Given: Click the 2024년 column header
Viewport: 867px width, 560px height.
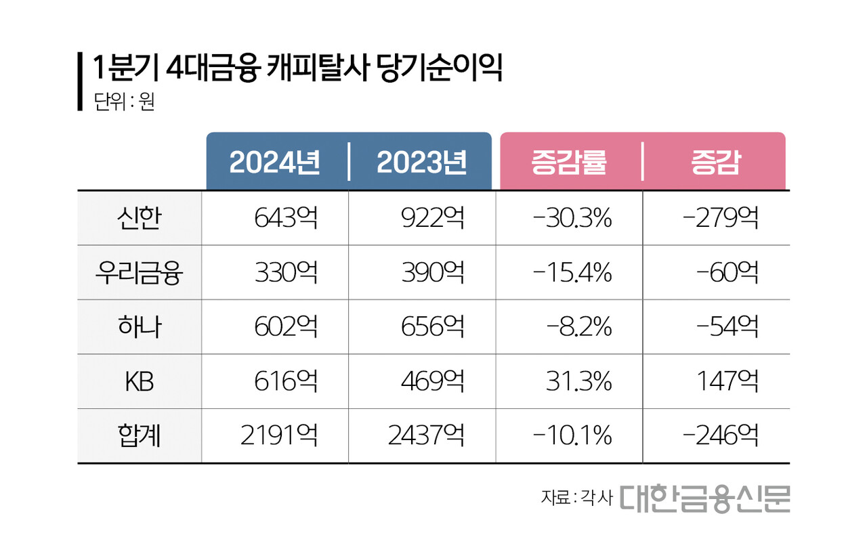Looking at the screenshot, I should tap(274, 163).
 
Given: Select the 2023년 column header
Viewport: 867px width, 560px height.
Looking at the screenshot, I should tap(421, 163).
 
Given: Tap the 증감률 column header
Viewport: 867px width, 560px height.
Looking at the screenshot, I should tap(568, 163).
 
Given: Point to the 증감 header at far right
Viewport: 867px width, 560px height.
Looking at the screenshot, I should tap(715, 163).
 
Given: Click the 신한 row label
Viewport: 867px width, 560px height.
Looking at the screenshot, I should tap(139, 219).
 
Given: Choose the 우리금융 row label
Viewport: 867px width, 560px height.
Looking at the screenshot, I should tap(139, 273).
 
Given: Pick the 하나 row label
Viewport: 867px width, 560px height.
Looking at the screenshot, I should tap(139, 327).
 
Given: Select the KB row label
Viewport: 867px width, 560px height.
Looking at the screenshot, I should tap(139, 382).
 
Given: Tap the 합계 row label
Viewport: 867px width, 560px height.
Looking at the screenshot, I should tap(139, 436).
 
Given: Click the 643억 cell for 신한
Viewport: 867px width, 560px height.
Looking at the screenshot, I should tap(286, 219).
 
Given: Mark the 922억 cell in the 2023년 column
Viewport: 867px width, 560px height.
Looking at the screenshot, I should tap(433, 219).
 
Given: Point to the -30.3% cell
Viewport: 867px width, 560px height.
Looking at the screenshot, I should tap(572, 219).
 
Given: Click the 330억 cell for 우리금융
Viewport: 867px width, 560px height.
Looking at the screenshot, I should tap(286, 273).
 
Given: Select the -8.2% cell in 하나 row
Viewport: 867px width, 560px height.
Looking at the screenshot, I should tap(579, 327).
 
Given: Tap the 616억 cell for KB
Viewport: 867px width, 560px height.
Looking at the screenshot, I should tap(286, 382).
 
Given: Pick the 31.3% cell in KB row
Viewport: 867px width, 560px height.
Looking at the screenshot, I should tap(579, 382).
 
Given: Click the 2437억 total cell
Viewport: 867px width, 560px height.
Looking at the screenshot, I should tap(426, 436).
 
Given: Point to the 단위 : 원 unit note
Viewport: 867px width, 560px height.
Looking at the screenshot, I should tap(125, 103).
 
